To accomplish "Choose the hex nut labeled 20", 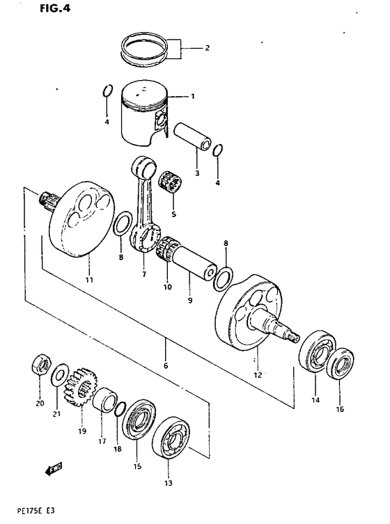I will tap(40, 365).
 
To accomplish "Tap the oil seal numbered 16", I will tap(340, 365).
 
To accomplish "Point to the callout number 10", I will tap(167, 287).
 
